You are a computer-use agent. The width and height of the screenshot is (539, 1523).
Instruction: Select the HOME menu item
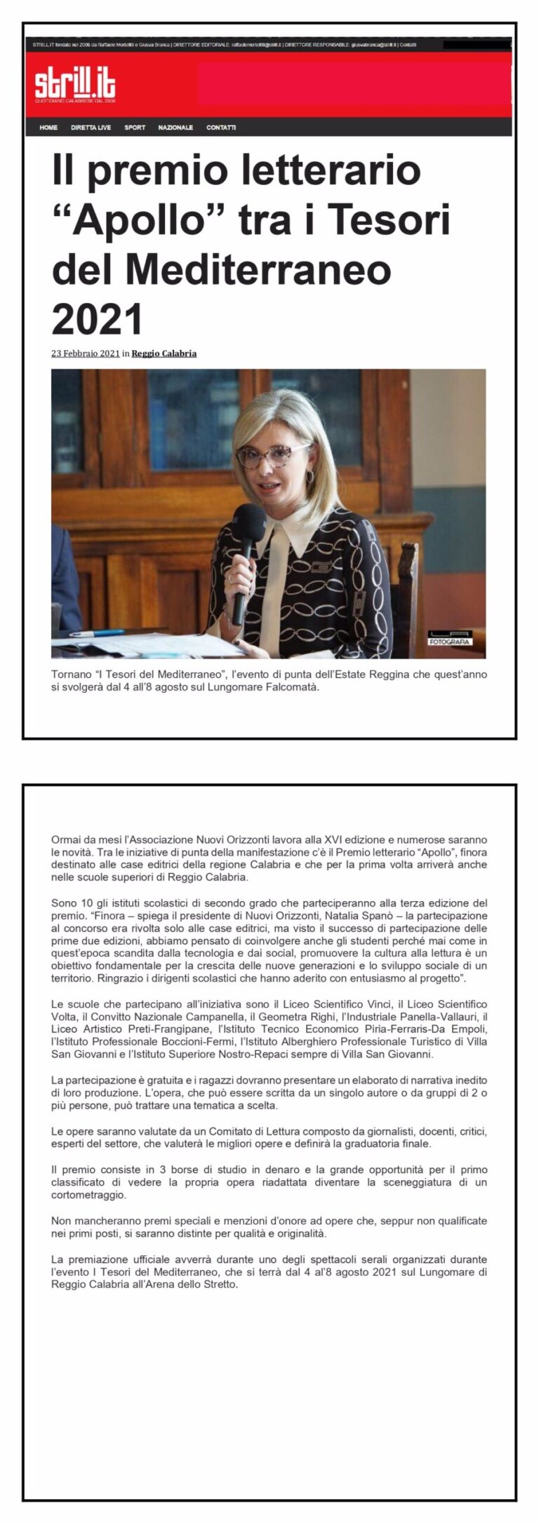[48, 128]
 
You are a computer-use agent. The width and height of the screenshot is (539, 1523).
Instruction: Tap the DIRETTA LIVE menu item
[91, 128]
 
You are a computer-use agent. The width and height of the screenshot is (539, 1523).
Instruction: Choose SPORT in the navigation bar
[135, 128]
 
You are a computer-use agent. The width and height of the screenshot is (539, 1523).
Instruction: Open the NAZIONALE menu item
[175, 128]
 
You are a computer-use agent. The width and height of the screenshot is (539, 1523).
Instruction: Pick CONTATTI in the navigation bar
[221, 128]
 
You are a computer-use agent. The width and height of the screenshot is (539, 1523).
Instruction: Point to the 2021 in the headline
[97, 319]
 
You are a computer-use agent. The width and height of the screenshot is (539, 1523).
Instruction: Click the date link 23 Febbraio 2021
[85, 353]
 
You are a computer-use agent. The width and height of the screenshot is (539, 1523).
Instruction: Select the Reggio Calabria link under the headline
[164, 353]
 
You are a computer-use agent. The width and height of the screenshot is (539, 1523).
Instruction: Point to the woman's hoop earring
[309, 477]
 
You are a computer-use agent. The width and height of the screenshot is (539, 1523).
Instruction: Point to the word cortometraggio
[88, 1195]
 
